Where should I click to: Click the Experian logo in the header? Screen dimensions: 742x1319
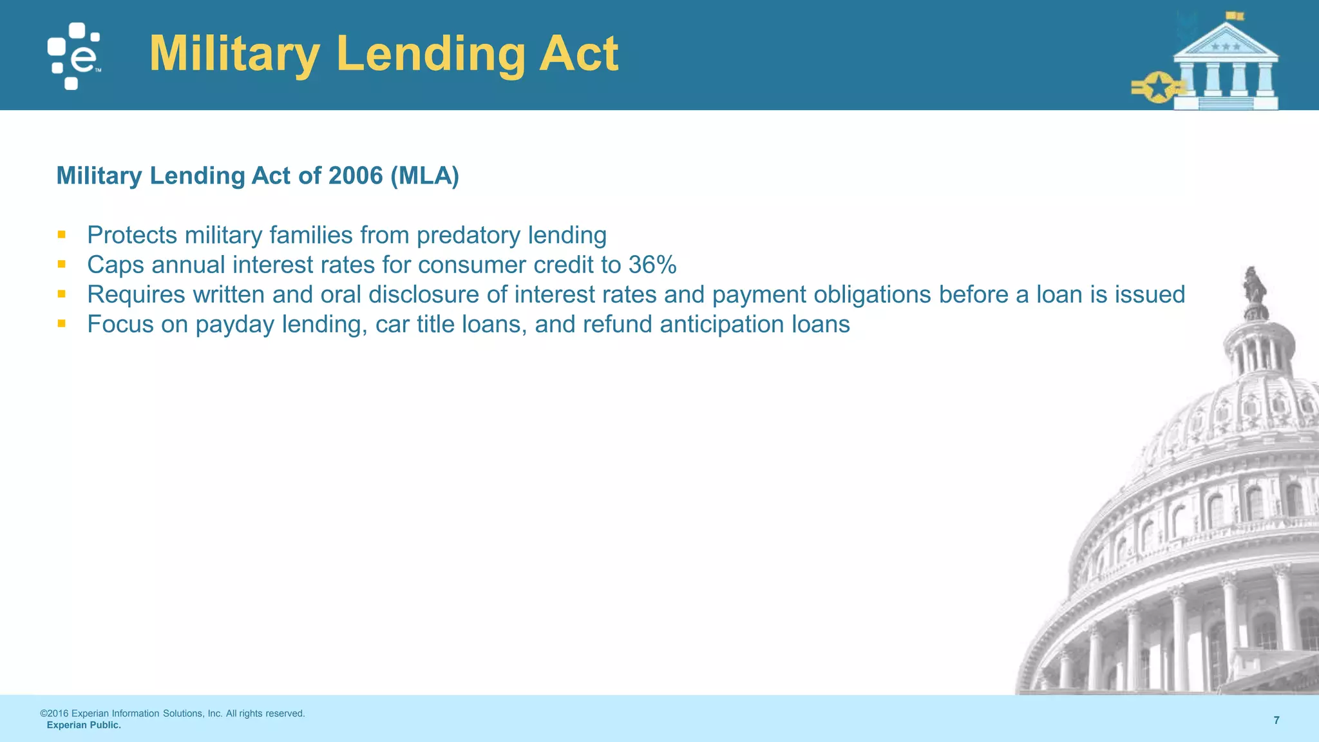pos(73,57)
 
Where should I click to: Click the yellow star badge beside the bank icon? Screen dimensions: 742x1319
pos(1158,88)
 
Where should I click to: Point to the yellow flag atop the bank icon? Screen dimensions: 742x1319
pos(1235,16)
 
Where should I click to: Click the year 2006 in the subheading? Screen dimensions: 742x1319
pos(356,175)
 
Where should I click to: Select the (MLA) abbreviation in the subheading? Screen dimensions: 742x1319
pos(424,175)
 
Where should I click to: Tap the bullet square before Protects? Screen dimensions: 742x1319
pos(62,234)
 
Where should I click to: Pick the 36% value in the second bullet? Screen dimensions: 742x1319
pos(652,265)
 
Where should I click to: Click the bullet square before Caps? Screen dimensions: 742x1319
pos(62,264)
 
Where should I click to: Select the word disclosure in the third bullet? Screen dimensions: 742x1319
pos(424,294)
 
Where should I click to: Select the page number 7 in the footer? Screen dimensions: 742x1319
pos(1276,720)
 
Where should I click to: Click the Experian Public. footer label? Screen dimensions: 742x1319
pos(84,725)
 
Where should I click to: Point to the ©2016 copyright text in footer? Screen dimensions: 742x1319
pos(173,714)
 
